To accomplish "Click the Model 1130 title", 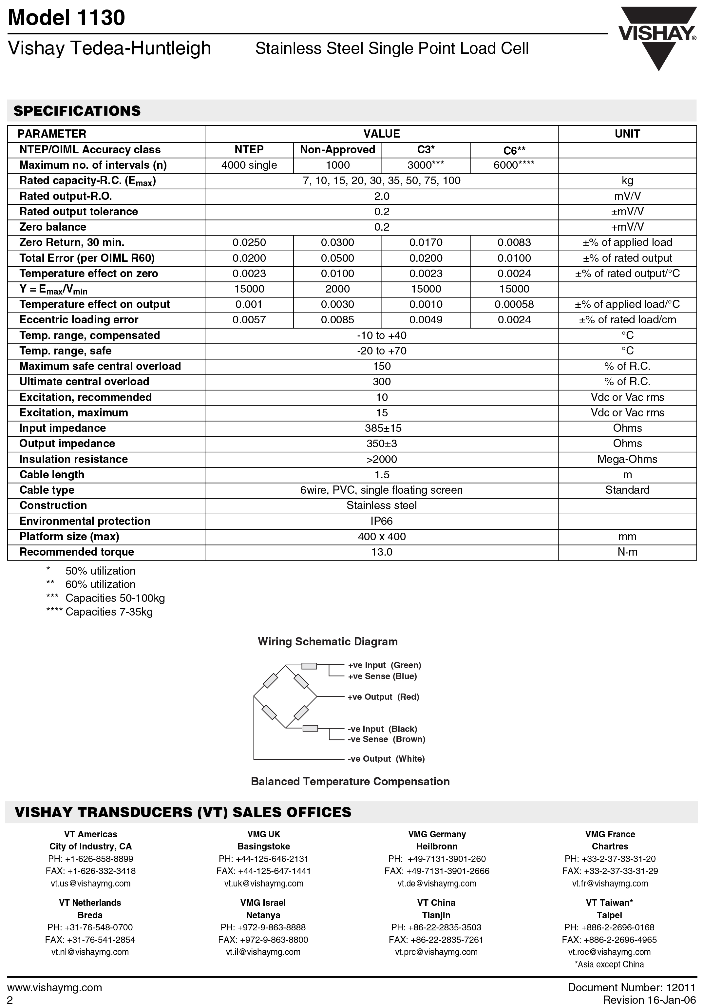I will [67, 18].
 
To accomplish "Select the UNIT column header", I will [627, 134].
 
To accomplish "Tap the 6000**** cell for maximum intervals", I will [514, 165].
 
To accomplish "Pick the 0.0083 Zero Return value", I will [514, 243].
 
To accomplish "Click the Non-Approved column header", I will [337, 150].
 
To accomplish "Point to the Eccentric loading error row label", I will [79, 320].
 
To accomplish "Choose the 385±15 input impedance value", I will [382, 428].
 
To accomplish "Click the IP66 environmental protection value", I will [382, 521].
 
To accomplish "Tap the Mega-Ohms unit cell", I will [627, 459].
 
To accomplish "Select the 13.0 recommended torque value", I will [382, 552].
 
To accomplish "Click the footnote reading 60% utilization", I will [100, 585].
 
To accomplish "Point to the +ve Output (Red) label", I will [383, 697].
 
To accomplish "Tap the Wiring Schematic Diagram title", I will [328, 642].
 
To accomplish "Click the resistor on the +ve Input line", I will [309, 666].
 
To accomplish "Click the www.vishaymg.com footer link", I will [55, 988].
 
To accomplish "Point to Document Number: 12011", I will [632, 988].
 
